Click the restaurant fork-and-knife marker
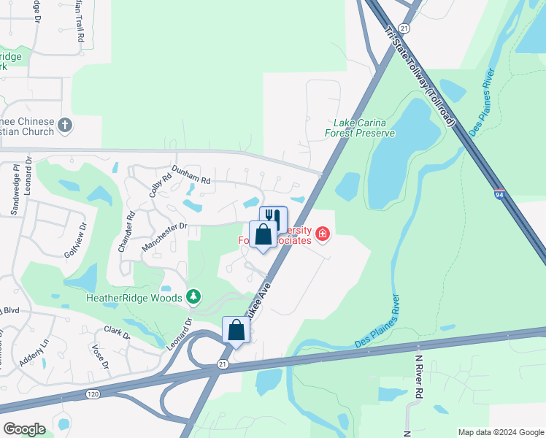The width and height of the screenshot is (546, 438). (273, 218)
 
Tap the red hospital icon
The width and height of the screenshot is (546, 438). (322, 234)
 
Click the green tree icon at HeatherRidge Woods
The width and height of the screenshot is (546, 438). (193, 296)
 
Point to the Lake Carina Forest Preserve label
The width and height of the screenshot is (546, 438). (360, 128)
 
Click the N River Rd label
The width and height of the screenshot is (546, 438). (420, 376)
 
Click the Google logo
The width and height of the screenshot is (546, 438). (24, 429)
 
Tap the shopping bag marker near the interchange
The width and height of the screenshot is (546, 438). (237, 329)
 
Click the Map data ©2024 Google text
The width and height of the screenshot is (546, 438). (500, 432)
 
